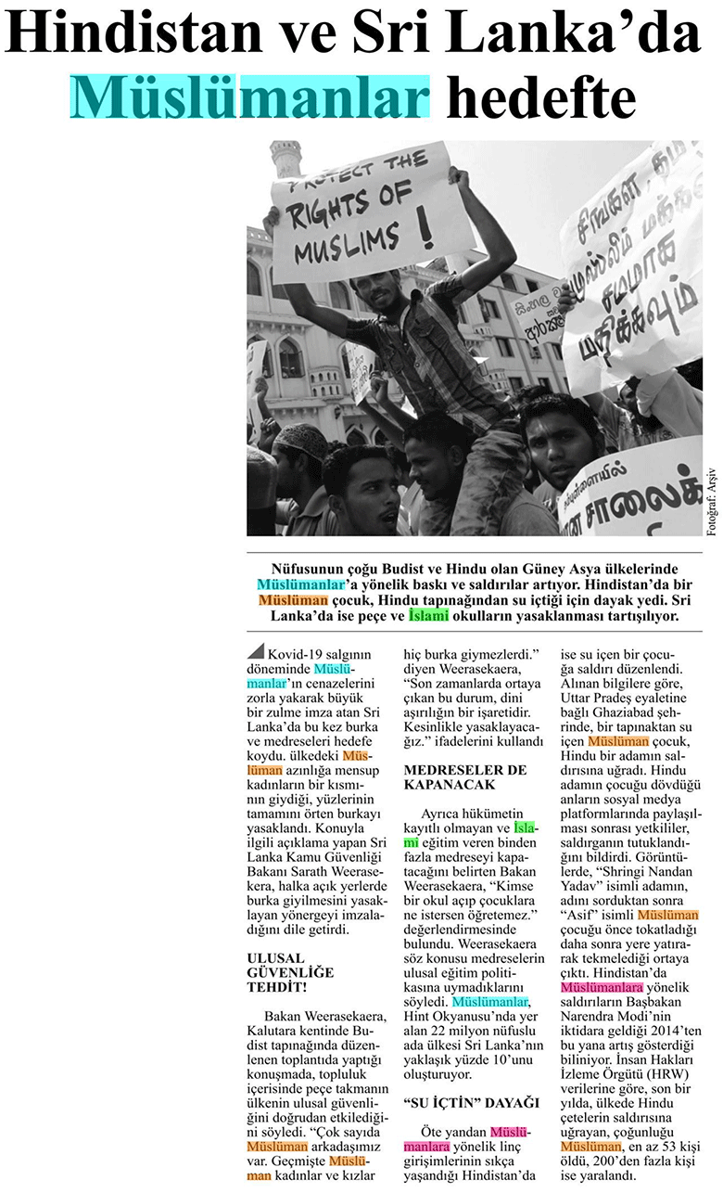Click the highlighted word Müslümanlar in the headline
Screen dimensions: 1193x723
[x=250, y=96]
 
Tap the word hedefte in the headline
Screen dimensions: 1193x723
[x=541, y=96]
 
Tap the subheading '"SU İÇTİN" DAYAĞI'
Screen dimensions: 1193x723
[x=472, y=1102]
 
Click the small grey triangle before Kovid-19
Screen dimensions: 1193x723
[x=255, y=650]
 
